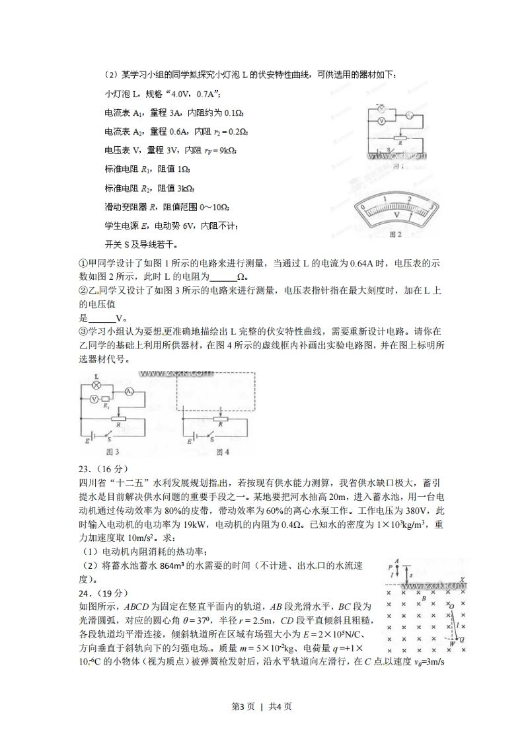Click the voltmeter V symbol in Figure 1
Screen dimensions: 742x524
pos(380,122)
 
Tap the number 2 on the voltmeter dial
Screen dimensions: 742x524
pos(410,198)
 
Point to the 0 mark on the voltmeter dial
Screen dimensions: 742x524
pos(363,207)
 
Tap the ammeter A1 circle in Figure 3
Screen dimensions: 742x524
pos(130,392)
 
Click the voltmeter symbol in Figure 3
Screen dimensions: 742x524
pos(94,399)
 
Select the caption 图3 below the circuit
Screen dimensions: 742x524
pos(112,452)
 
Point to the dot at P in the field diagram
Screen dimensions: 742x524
pos(396,567)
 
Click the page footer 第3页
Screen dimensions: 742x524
pos(244,706)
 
